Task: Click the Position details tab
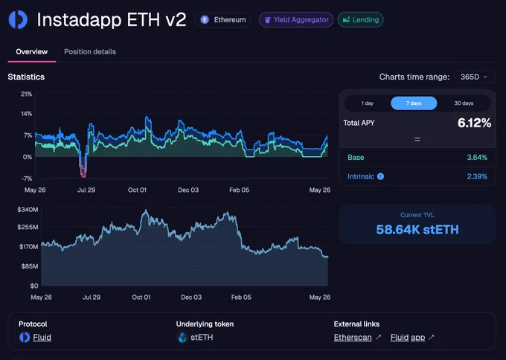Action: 90,51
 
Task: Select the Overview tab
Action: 31,51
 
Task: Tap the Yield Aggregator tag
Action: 296,19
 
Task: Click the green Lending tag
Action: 360,19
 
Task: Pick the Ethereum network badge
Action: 222,19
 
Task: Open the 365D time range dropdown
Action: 475,77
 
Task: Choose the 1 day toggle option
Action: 368,103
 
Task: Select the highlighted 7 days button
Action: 414,103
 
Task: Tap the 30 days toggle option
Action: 464,103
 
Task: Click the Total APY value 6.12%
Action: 475,123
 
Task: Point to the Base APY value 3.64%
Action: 477,158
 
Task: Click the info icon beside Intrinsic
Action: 380,176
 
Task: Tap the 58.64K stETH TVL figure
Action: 417,230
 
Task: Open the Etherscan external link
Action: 353,338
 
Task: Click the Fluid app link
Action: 408,338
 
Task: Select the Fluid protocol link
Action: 42,338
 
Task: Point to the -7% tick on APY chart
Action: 27,179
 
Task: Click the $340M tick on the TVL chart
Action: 28,210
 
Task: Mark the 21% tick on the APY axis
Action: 27,94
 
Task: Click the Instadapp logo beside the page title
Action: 18,19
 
